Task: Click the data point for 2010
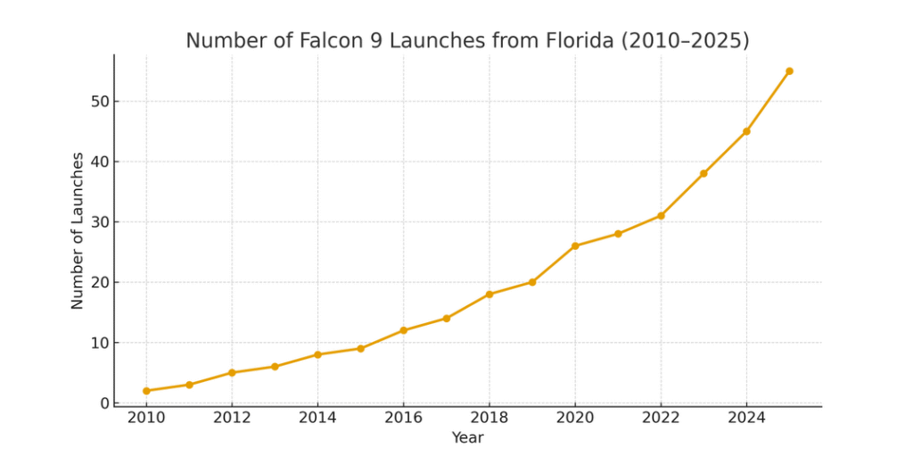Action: point(146,391)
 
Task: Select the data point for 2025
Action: point(789,71)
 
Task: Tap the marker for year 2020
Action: point(575,246)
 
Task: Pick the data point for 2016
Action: point(403,330)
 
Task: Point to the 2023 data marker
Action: point(703,173)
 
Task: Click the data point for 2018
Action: point(489,295)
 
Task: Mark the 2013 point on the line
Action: point(275,367)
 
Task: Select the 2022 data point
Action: point(661,216)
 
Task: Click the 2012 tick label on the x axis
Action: point(232,419)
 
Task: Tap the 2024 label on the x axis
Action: point(746,419)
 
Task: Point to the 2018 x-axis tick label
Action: point(489,419)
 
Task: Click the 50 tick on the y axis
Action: point(99,102)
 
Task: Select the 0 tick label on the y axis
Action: point(104,403)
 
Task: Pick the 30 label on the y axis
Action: point(99,222)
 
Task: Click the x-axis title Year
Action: point(467,438)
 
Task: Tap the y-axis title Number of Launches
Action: point(78,230)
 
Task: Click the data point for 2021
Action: point(618,234)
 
